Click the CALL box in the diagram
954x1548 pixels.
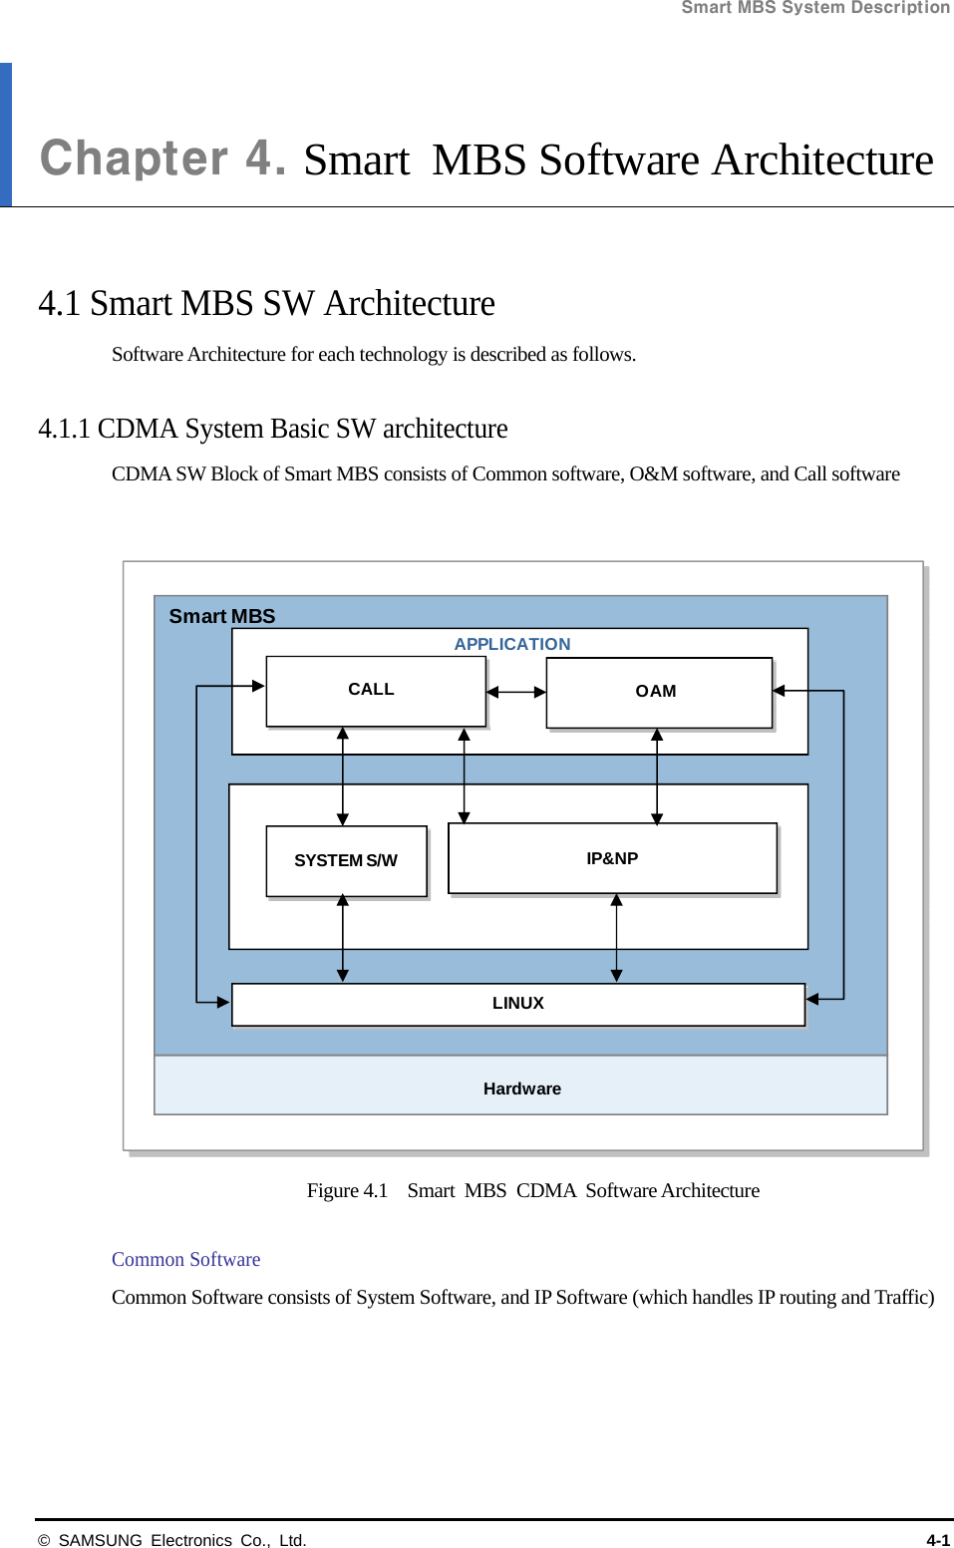point(375,691)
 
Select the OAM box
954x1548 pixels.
point(658,692)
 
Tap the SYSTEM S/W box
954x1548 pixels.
point(346,860)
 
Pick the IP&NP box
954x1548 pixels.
point(612,858)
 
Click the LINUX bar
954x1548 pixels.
point(517,1004)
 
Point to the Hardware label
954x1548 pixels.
point(522,1088)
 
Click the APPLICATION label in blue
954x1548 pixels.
point(512,644)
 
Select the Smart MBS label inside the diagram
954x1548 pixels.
point(222,616)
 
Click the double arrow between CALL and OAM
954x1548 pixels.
point(515,692)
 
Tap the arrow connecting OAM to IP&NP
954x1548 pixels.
point(657,776)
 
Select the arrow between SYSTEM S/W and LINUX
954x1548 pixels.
point(343,938)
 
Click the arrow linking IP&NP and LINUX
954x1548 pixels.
point(616,938)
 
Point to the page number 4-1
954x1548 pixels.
point(937,1540)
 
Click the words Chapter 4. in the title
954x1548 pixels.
point(163,158)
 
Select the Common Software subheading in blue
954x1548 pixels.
point(185,1259)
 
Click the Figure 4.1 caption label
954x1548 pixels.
point(347,1190)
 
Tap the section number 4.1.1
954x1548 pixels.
point(64,429)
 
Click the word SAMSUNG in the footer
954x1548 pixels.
point(100,1540)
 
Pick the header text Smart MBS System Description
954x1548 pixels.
point(815,8)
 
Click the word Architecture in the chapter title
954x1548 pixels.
point(822,159)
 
